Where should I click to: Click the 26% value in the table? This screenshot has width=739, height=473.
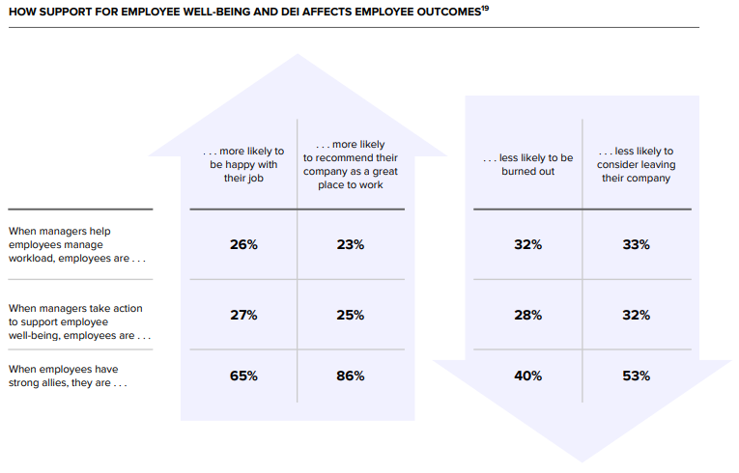pos(243,245)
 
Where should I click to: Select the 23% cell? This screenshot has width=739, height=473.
pos(351,245)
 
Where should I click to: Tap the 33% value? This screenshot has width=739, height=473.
pos(637,245)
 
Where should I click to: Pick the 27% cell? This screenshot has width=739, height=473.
pos(243,315)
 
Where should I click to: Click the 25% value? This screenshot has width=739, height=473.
pos(351,315)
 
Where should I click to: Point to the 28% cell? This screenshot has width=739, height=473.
pos(528,315)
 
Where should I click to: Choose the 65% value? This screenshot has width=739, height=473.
pos(243,376)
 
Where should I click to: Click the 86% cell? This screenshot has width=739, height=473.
pos(351,376)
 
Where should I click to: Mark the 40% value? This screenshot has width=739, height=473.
pos(528,376)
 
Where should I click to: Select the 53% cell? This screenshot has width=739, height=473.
pos(637,376)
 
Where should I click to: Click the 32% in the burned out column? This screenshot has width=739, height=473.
pos(528,245)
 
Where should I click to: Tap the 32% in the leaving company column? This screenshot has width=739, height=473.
pos(637,315)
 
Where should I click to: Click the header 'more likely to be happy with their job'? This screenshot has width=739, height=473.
pos(243,164)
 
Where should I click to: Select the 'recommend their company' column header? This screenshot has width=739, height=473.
pos(351,164)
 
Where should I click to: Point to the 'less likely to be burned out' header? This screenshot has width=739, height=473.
pos(528,164)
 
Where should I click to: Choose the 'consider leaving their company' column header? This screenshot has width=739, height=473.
pos(636,164)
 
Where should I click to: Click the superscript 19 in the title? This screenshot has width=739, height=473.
pos(485,9)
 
